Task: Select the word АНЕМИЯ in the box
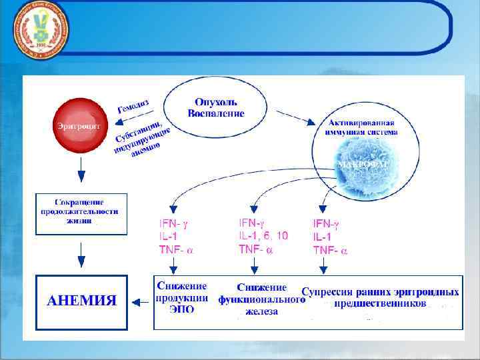coord(81,301)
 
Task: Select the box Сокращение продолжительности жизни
coord(80,211)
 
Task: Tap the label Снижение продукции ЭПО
coord(181,297)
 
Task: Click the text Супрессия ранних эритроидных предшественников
coord(381,297)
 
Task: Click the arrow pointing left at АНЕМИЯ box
coord(140,301)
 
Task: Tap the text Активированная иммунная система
coord(363,127)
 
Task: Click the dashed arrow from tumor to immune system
coord(296,118)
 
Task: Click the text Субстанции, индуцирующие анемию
coord(145,139)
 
